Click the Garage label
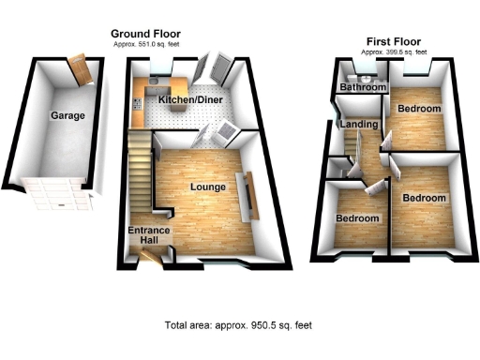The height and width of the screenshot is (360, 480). coord(67,116)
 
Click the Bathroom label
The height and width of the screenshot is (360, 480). coord(363,87)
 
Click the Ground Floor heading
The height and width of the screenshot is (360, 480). coord(147,33)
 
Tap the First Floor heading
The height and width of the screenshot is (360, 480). coord(393,40)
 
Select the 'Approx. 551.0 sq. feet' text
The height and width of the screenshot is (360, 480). coord(147,43)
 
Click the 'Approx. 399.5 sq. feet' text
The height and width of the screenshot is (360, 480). coord(393,52)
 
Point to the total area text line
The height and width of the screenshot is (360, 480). coord(238,325)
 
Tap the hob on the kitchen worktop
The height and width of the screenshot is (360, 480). coord(138,105)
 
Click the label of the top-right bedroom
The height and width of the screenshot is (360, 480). coord(418,109)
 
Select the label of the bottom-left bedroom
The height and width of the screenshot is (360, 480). coord(358,218)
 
